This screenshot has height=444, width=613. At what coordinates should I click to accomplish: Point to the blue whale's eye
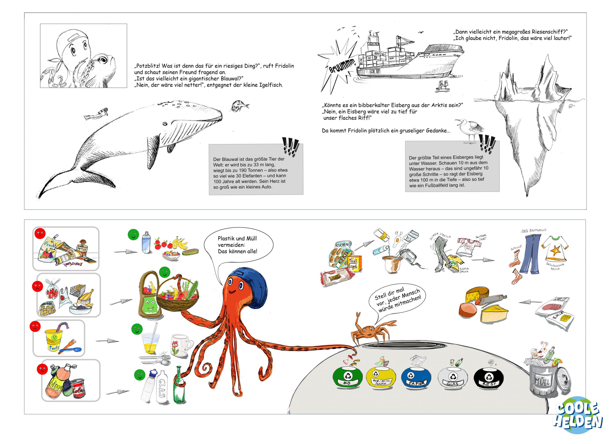165,124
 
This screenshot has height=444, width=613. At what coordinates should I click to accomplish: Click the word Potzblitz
147,66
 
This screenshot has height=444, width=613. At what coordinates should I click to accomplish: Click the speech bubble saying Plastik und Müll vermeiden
238,245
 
